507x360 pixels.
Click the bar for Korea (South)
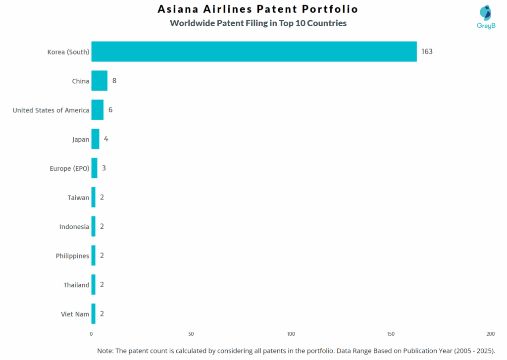pyautogui.click(x=253, y=51)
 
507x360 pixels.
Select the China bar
pyautogui.click(x=99, y=81)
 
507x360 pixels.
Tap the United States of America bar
pyautogui.click(x=98, y=110)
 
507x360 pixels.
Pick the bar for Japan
pyautogui.click(x=95, y=139)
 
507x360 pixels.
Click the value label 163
pyautogui.click(x=427, y=51)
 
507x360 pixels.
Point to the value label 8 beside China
pyautogui.click(x=114, y=81)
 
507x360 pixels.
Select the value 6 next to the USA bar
pyautogui.click(x=110, y=110)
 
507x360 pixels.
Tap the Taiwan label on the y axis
pyautogui.click(x=78, y=198)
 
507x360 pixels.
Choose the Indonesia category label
pyautogui.click(x=74, y=227)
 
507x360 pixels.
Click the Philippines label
pyautogui.click(x=72, y=256)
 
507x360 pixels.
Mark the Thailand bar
pyautogui.click(x=94, y=285)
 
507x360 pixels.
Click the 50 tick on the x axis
pyautogui.click(x=191, y=334)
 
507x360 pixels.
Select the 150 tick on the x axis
pyautogui.click(x=391, y=334)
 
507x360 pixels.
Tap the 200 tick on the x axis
pyautogui.click(x=490, y=334)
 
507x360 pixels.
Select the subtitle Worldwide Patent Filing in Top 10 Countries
pyautogui.click(x=258, y=23)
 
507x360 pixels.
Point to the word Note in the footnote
pyautogui.click(x=105, y=351)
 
